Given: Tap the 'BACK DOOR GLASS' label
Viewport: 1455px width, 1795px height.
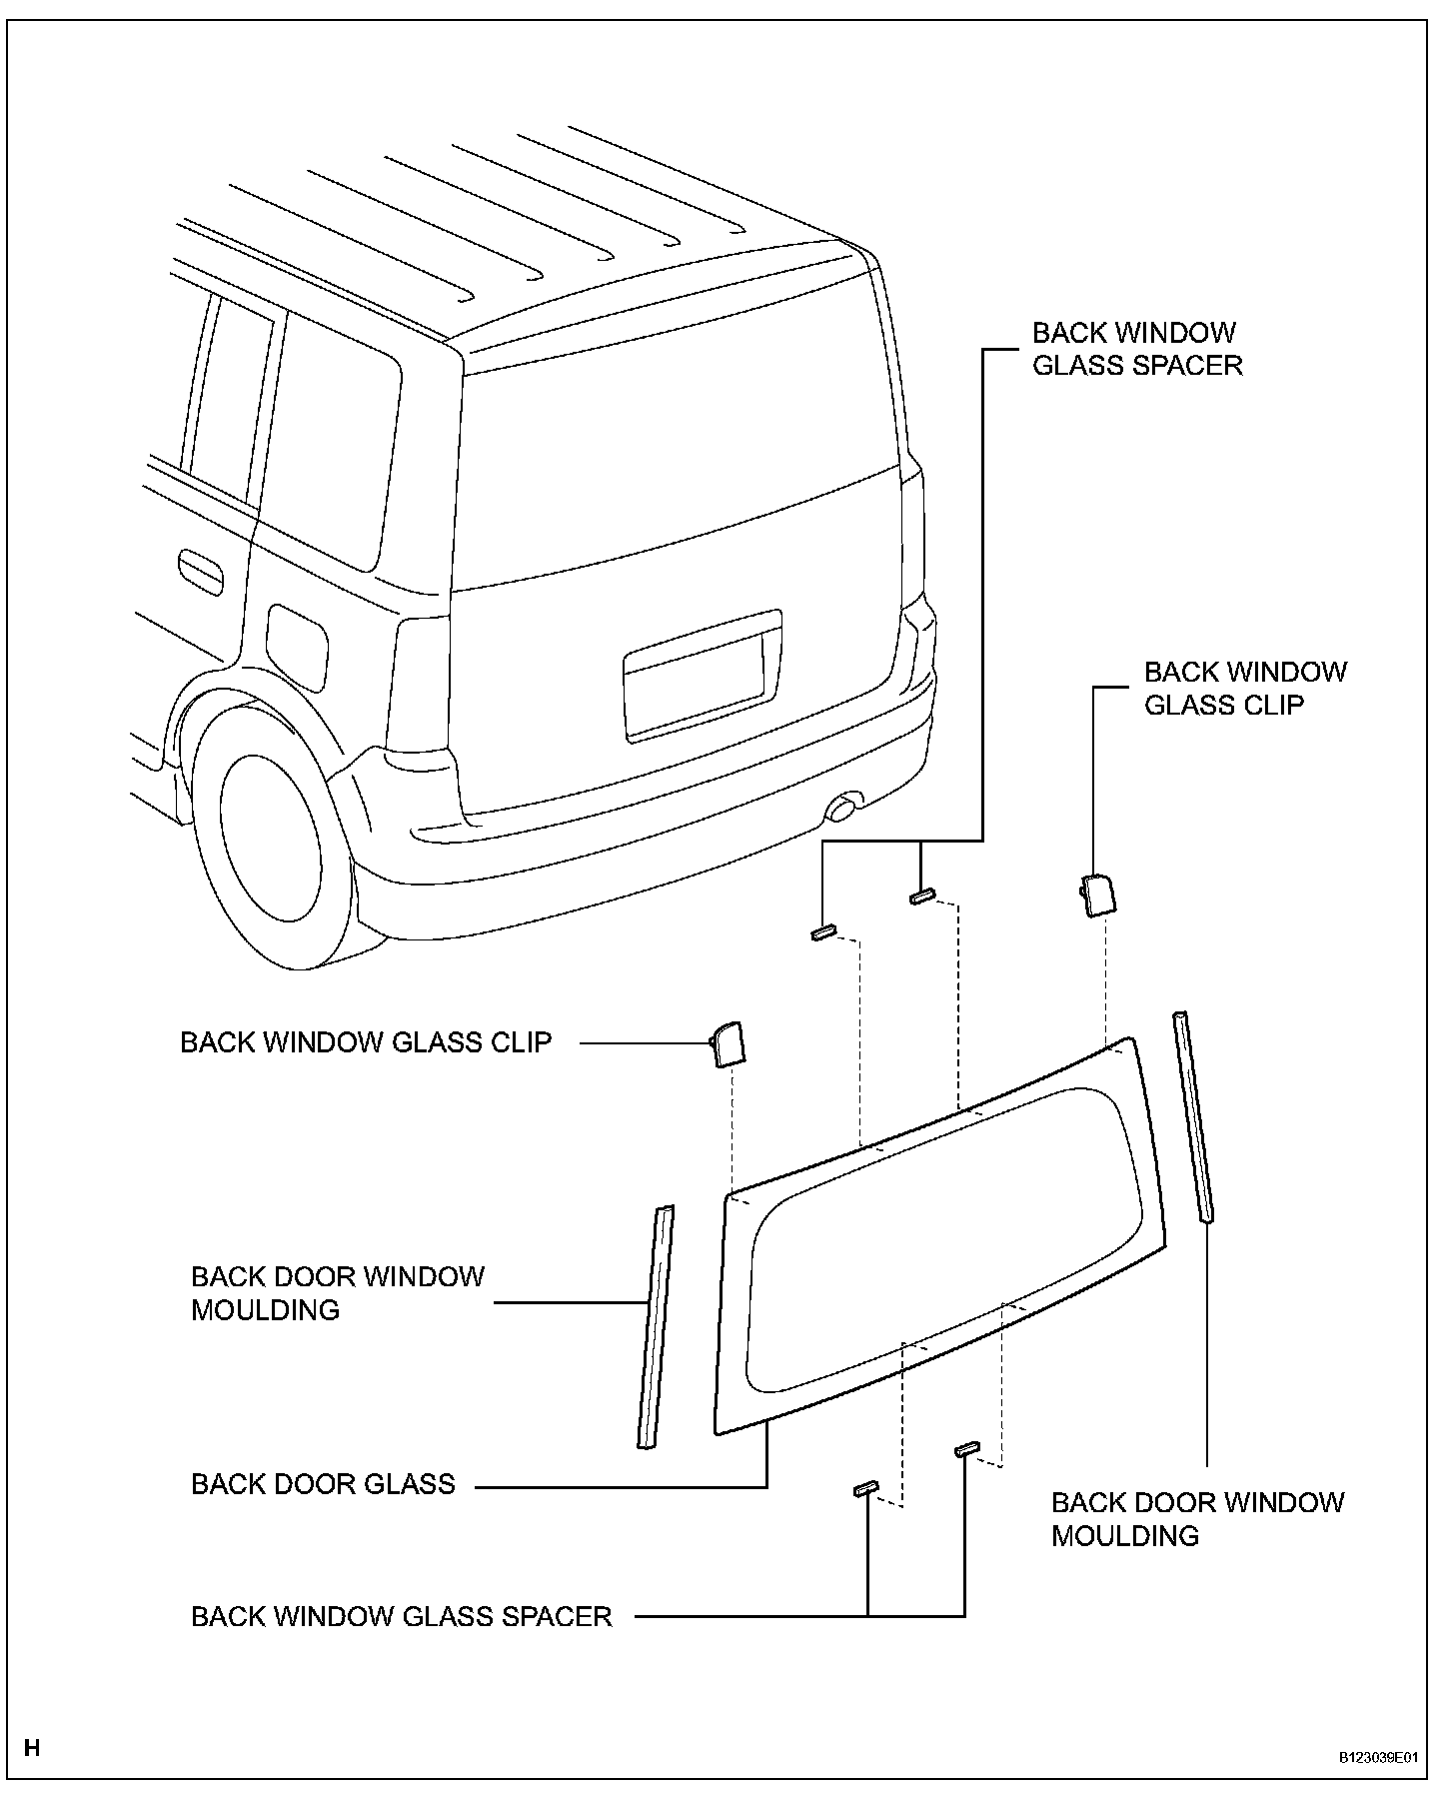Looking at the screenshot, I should tap(323, 1484).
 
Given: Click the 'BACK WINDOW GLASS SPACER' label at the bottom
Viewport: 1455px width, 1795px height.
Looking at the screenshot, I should tap(401, 1616).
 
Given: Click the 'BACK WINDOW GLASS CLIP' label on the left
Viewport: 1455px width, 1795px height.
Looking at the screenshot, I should tap(366, 1042).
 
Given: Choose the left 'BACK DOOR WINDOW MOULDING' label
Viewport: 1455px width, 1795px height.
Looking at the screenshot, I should tap(337, 1293).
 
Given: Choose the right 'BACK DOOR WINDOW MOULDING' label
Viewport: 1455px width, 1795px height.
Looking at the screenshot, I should tap(1197, 1519).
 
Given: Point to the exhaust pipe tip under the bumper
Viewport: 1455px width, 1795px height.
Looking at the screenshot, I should tap(844, 805).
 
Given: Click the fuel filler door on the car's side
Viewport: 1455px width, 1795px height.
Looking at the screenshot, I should tap(297, 648).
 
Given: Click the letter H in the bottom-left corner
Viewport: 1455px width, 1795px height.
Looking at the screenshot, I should tap(32, 1748).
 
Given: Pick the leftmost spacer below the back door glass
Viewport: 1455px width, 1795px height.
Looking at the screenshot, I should tap(865, 1489).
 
